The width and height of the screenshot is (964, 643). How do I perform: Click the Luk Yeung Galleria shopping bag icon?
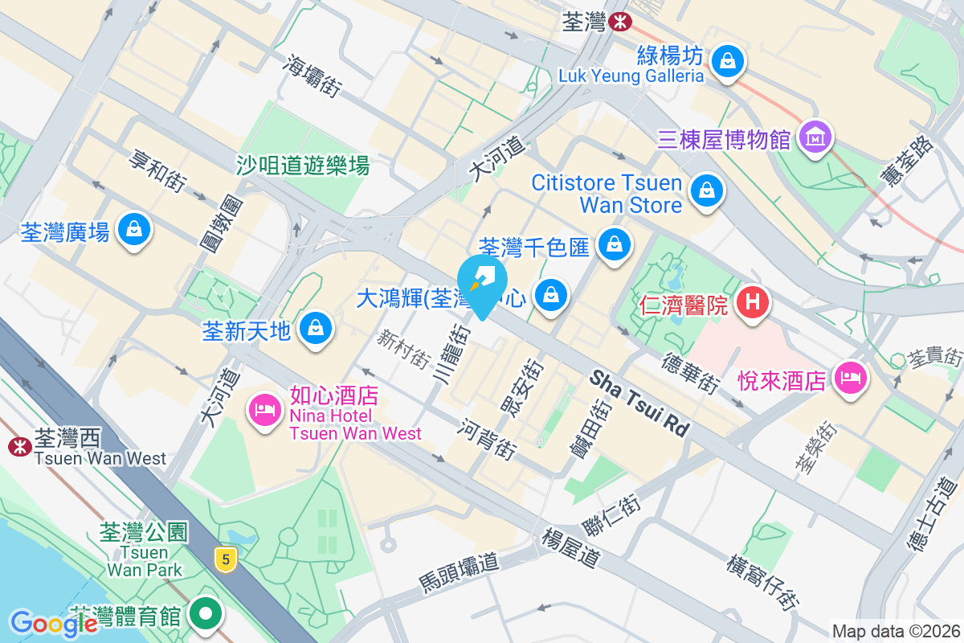pyautogui.click(x=727, y=60)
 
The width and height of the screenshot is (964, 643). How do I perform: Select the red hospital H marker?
pyautogui.click(x=753, y=303)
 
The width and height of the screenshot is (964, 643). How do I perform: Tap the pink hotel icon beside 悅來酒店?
pyautogui.click(x=851, y=377)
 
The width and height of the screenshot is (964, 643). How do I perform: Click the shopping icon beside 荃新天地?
pyautogui.click(x=316, y=329)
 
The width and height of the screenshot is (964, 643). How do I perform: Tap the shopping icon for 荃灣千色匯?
pyautogui.click(x=615, y=242)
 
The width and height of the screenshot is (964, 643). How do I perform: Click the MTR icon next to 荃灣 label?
pyautogui.click(x=619, y=22)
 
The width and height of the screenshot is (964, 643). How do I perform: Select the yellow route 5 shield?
pyautogui.click(x=227, y=556)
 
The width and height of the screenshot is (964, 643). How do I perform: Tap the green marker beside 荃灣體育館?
pyautogui.click(x=206, y=614)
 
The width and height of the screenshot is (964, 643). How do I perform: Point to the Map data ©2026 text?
pyautogui.click(x=896, y=632)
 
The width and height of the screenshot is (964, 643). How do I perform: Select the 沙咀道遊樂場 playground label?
pyautogui.click(x=303, y=166)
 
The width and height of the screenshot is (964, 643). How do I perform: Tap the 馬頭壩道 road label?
pyautogui.click(x=459, y=571)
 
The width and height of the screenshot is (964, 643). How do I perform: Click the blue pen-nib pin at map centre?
pyautogui.click(x=482, y=281)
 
